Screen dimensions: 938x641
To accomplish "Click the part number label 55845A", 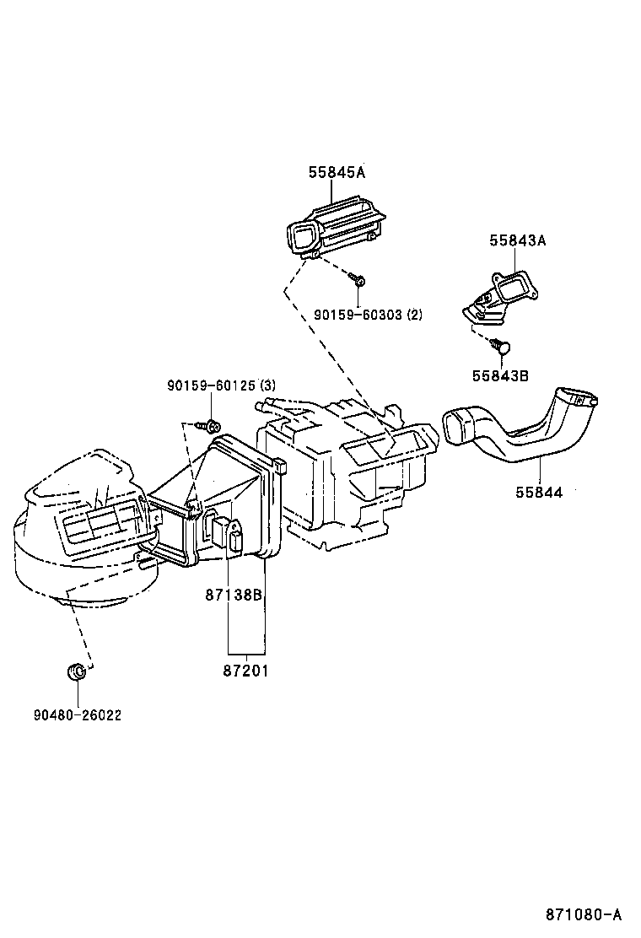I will point(336,172).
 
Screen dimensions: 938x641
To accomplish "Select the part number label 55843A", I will point(517,240).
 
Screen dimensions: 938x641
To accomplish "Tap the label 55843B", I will point(499,376).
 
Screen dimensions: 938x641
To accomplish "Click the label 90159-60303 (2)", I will point(368,315).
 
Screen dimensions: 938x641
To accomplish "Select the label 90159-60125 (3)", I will point(221,385).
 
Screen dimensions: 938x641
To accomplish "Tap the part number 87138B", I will point(234,595).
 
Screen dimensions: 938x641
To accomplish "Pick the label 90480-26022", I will point(78,715).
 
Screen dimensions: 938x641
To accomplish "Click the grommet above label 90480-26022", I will point(76,672).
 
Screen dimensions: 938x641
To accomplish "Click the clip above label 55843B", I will point(501,345).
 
